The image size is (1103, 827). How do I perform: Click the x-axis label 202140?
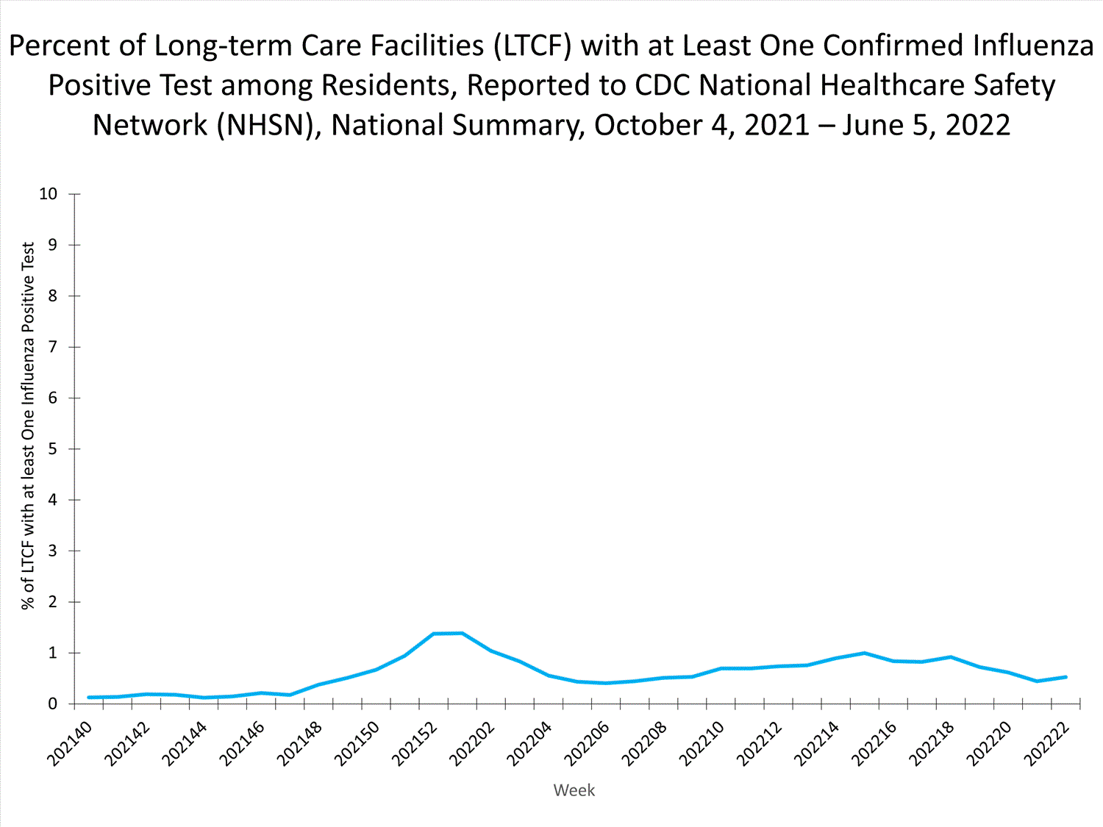70,743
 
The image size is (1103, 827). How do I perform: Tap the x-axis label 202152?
415,743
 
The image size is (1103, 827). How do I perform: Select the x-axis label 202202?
472,743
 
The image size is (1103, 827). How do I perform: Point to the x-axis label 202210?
702,743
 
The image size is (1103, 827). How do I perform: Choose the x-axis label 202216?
874,743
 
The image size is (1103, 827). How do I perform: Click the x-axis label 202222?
1046,743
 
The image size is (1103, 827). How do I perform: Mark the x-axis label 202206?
587,743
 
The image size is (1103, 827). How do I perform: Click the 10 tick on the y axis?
48,194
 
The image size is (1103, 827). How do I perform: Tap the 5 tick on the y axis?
53,449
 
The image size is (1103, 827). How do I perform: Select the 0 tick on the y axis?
53,704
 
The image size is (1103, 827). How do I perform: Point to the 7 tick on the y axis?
53,347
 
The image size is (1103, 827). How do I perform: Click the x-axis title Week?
574,790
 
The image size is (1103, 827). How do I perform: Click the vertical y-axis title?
28,426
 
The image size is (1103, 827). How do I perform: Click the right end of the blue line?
1065,677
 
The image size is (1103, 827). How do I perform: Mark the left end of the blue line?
89,697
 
